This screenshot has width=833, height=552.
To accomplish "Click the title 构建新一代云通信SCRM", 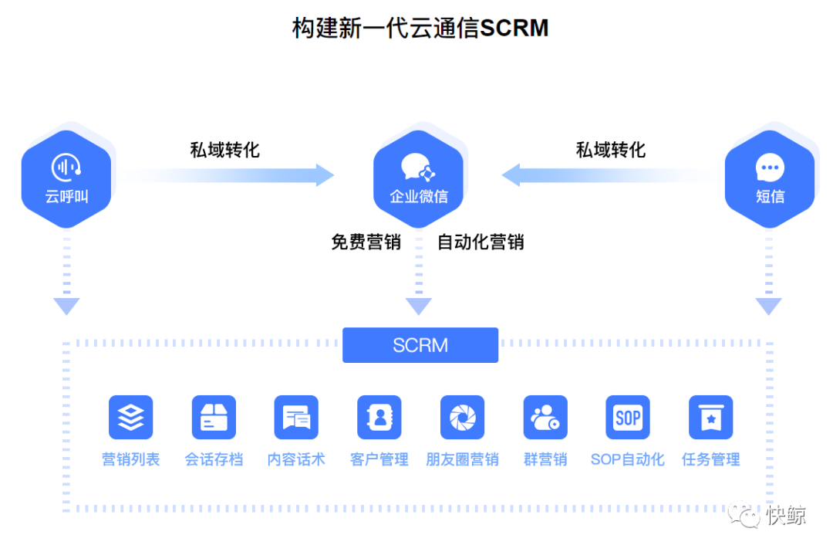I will pos(420,28).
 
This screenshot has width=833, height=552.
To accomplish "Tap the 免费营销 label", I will pos(366,242).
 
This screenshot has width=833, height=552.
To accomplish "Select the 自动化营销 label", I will pos(481,242).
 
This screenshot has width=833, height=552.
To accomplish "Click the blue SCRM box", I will pos(420,345).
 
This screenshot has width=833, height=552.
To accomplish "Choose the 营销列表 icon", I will pos(131,418).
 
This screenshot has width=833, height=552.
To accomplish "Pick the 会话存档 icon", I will pos(214,418).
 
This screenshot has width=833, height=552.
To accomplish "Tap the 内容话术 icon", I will pos(296,418).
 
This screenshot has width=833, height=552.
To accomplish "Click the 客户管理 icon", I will pos(379,418).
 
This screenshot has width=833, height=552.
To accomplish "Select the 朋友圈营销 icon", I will pos(462,418).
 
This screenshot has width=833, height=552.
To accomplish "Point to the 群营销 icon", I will pos(545,418).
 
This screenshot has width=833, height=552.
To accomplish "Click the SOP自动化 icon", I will pos(628,418).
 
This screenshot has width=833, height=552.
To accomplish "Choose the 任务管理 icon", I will pos(710,418).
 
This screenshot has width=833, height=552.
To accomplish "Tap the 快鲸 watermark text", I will pos(786,516).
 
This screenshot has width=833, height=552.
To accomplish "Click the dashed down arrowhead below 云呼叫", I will pos(67,306).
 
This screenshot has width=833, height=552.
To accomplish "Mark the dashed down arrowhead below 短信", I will pos(769,306).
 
